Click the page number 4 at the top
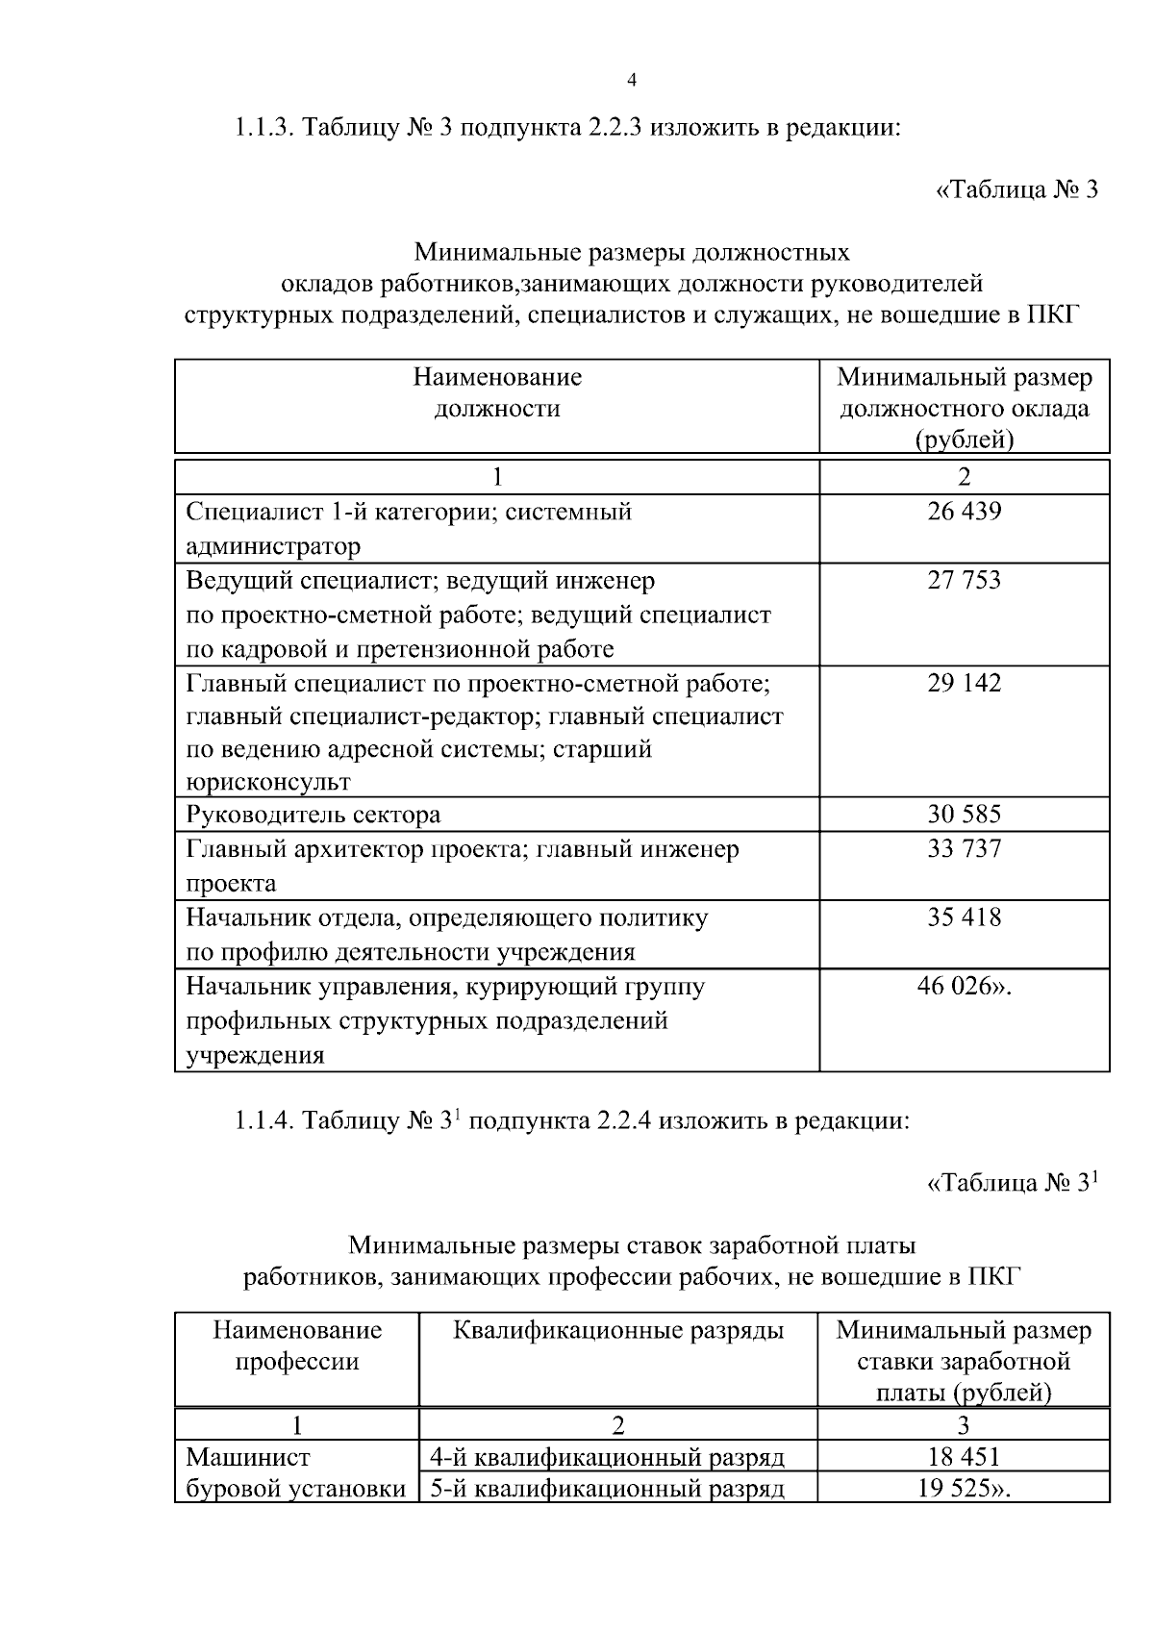(x=631, y=81)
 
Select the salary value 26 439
(x=964, y=512)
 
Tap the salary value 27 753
(x=964, y=580)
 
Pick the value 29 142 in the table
(x=964, y=683)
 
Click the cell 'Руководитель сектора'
(x=313, y=815)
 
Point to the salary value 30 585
(x=964, y=815)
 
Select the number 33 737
(x=964, y=848)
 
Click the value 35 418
(x=964, y=917)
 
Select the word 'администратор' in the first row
(x=273, y=546)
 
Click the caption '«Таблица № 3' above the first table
(x=1016, y=189)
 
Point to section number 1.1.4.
(x=265, y=1120)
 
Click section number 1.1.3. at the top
(x=265, y=128)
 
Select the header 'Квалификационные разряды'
(x=617, y=1330)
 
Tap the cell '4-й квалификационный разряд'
(x=607, y=1458)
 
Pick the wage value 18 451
(x=964, y=1458)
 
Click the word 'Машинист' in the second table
(x=247, y=1458)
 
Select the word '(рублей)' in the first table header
(x=964, y=440)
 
